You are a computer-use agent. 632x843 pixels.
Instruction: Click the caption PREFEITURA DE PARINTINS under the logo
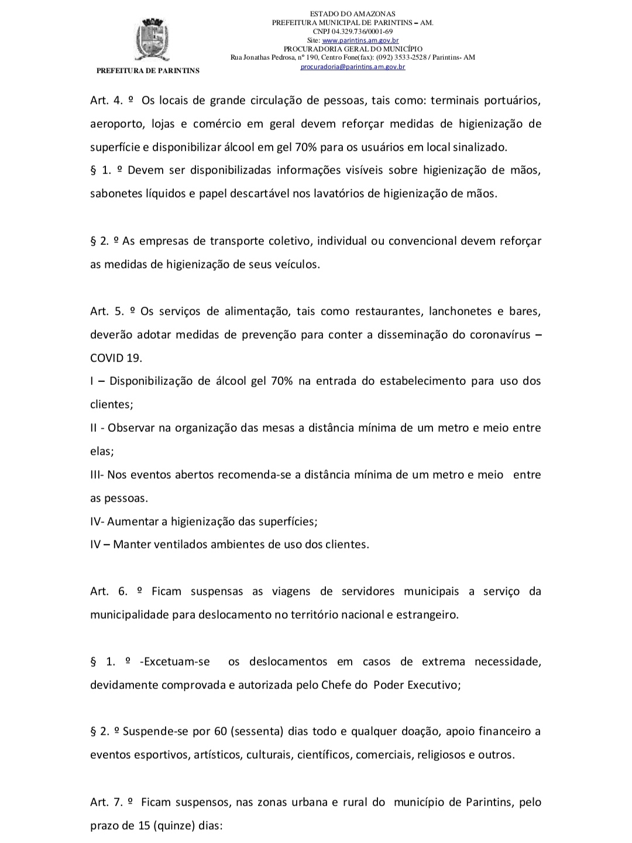tap(147, 71)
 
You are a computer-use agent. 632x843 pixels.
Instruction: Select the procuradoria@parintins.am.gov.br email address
tap(353, 67)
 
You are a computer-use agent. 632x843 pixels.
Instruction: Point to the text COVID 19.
tap(116, 358)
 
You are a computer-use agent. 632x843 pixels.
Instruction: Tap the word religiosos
tap(441, 755)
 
